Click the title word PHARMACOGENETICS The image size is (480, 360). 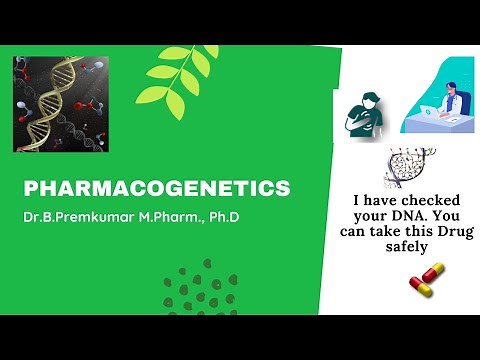pyautogui.click(x=156, y=188)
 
